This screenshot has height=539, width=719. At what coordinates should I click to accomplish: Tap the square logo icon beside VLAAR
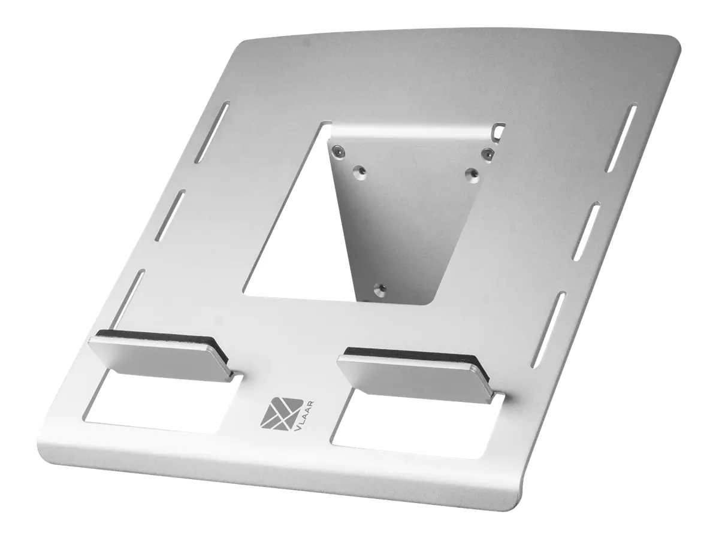pyautogui.click(x=276, y=412)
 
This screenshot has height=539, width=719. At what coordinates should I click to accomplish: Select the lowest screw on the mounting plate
pyautogui.click(x=378, y=290)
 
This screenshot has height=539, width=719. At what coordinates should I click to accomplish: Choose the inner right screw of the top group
pyautogui.click(x=471, y=173)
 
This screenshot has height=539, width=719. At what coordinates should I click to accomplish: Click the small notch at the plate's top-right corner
pyautogui.click(x=499, y=128)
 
